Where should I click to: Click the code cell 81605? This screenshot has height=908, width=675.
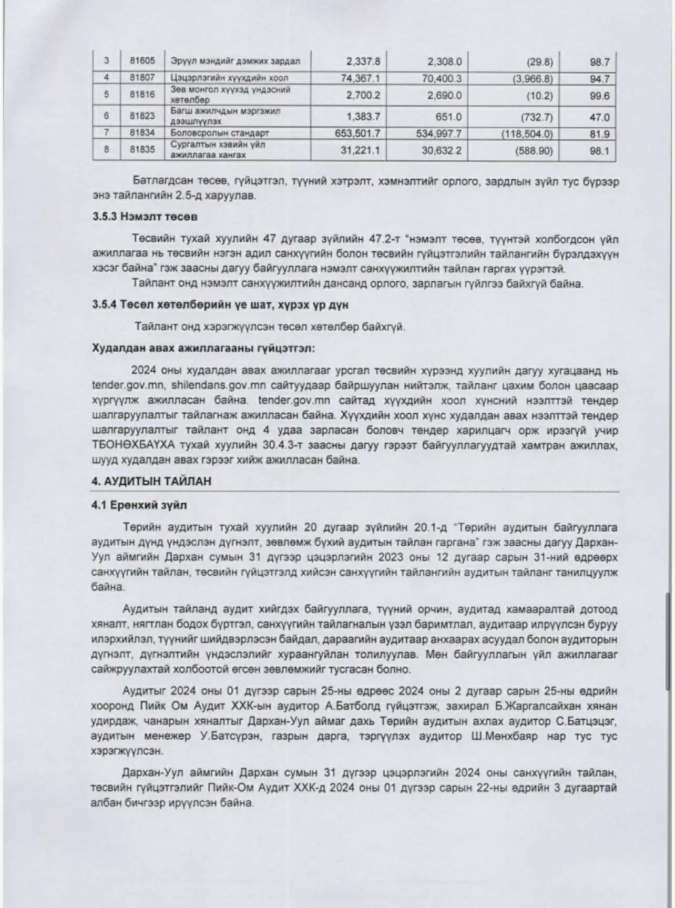[142, 60]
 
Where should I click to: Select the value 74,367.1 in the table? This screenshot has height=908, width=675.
[360, 78]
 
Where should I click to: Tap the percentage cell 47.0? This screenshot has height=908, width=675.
[599, 117]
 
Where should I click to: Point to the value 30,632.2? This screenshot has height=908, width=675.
[442, 150]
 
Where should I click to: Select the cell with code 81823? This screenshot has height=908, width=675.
[142, 116]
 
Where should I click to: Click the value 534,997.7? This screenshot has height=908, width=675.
[439, 134]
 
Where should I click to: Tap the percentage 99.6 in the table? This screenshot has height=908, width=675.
[599, 95]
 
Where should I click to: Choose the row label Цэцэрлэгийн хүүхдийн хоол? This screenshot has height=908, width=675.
[229, 78]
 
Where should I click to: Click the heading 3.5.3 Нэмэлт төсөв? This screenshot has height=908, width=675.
[145, 217]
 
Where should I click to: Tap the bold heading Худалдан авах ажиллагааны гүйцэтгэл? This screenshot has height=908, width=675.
[203, 348]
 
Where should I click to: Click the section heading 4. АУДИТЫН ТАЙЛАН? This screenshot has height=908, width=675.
[151, 481]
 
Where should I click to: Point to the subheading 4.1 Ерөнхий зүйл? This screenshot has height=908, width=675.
[139, 505]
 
